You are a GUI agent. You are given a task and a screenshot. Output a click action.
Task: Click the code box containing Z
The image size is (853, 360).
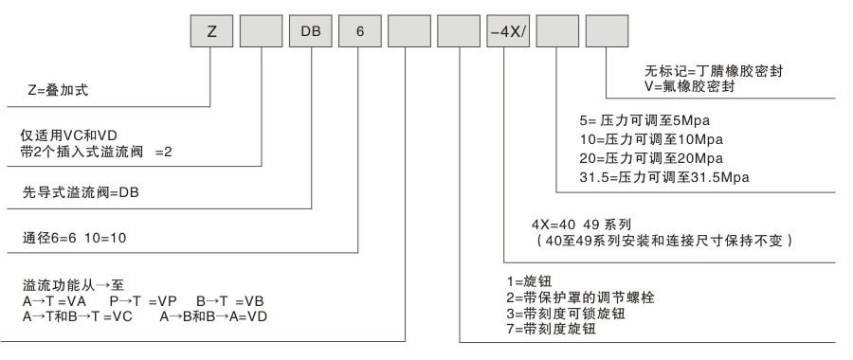[211, 31]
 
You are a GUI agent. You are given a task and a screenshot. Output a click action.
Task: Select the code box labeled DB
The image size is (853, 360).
[311, 31]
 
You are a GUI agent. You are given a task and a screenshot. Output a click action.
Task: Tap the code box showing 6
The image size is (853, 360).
[360, 31]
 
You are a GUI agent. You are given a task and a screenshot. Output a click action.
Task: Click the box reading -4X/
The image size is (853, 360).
[508, 31]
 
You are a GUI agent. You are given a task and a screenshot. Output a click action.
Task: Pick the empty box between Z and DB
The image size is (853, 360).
[262, 31]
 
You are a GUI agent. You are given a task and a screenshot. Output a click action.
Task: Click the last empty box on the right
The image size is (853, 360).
[607, 31]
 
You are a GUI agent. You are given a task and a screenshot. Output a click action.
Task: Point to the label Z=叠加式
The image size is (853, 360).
[58, 90]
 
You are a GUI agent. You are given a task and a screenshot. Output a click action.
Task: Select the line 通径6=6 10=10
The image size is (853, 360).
[74, 238]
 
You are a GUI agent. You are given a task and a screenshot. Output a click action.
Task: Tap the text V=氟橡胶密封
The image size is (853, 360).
[689, 86]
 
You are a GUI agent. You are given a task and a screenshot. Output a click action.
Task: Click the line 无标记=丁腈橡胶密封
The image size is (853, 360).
[714, 71]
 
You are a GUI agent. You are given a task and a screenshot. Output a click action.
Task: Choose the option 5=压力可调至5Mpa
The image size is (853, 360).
[645, 120]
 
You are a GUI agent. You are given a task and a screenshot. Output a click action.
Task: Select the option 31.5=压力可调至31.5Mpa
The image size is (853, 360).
[664, 177]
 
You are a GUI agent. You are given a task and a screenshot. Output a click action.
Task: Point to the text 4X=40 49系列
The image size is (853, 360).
[581, 224]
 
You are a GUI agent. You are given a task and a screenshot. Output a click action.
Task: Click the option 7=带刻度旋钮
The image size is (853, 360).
[551, 329]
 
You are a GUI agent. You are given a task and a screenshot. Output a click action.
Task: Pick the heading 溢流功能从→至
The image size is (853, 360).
[73, 285]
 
